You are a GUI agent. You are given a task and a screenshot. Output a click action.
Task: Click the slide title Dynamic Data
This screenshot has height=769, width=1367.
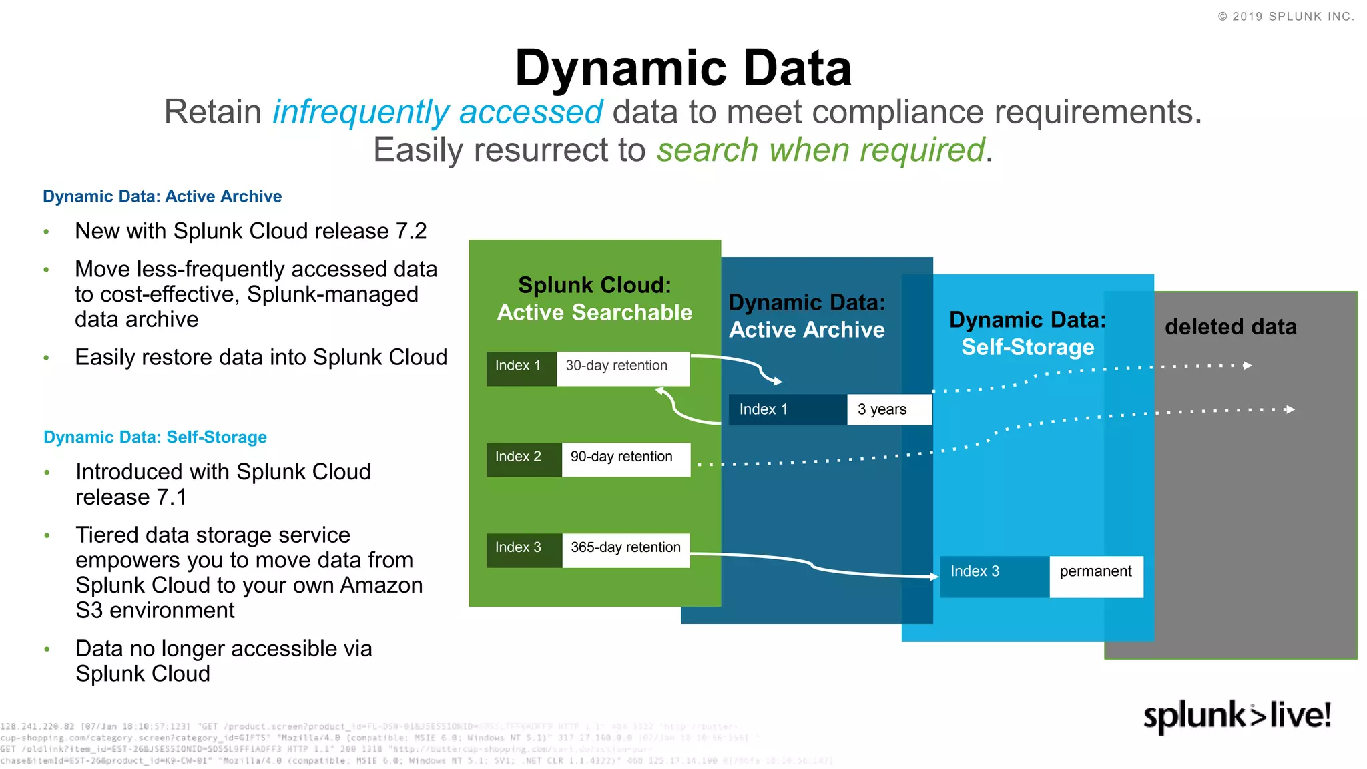[683, 69]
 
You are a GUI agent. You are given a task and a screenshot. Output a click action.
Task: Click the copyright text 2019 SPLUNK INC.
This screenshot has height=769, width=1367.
[1286, 17]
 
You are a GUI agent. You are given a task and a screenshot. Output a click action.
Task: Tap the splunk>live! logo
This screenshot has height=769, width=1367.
[1237, 716]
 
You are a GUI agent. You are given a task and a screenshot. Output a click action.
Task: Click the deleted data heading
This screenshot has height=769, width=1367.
[1230, 327]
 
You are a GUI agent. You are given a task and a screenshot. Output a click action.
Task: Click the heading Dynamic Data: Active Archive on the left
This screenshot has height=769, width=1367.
[162, 196]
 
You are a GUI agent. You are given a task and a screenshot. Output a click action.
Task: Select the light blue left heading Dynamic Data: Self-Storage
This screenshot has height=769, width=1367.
[155, 437]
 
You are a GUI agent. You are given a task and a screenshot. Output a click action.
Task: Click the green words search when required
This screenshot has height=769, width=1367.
[820, 150]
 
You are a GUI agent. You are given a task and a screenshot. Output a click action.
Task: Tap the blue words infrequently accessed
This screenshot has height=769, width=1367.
[437, 112]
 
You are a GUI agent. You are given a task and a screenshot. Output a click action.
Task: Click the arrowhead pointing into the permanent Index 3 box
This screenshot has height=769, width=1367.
[934, 576]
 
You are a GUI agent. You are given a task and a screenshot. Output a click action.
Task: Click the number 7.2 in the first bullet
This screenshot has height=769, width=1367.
[411, 231]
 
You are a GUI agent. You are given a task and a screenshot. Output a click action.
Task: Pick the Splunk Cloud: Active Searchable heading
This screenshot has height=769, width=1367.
[594, 299]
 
